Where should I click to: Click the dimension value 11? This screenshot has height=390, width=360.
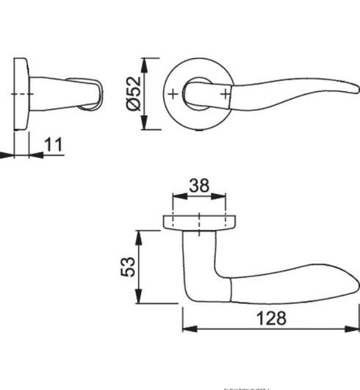click(x=53, y=144)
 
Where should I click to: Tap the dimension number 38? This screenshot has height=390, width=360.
click(x=198, y=186)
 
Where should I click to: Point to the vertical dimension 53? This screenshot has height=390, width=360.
click(x=127, y=266)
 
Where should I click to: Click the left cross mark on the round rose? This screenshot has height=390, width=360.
click(x=172, y=94)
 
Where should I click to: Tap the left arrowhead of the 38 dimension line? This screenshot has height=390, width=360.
click(x=176, y=197)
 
